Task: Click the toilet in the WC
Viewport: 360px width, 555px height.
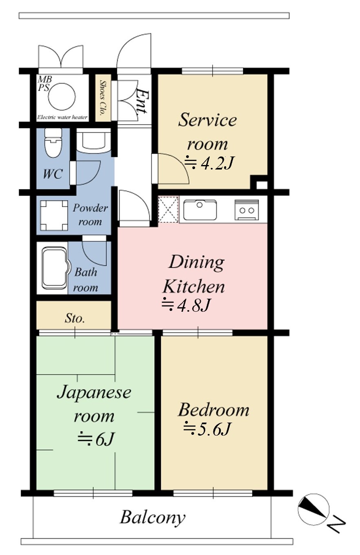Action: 53,143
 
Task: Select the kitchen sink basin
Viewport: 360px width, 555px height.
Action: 200,210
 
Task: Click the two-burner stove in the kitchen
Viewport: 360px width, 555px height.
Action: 247,210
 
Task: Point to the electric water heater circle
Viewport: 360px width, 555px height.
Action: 61,96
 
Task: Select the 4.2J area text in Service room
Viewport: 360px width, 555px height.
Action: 209,163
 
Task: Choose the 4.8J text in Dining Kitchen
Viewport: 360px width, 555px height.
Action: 186,305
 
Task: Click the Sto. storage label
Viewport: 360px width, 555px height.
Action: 75,318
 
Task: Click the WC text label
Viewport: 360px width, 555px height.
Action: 53,174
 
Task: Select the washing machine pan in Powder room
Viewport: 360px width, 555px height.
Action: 54,215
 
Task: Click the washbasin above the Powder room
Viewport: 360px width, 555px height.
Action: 93,140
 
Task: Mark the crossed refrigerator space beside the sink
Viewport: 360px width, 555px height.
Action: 168,209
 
